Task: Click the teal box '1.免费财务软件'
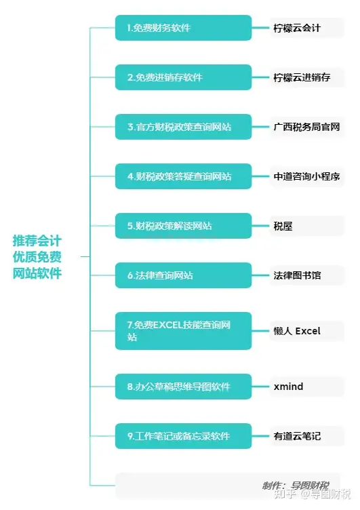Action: [184, 28]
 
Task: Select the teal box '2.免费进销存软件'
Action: [184, 77]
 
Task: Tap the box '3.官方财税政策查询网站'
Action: [184, 127]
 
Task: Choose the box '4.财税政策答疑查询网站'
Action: [184, 176]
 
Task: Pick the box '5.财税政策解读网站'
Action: [184, 226]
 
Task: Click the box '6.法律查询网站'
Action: [184, 275]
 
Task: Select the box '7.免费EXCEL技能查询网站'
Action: [184, 331]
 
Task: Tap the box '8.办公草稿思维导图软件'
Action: [184, 387]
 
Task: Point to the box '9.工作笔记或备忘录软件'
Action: [184, 436]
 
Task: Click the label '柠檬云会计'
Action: [297, 28]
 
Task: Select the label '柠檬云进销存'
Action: [302, 77]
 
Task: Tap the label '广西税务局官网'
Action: [306, 127]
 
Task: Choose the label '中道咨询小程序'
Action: [306, 176]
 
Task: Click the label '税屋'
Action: [283, 226]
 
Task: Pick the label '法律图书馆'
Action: [297, 275]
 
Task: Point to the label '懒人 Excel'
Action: [297, 331]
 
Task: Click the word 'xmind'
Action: [288, 387]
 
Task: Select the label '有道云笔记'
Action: [297, 436]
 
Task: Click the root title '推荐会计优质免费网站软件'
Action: [37, 257]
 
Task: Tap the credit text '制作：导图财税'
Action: [296, 486]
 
